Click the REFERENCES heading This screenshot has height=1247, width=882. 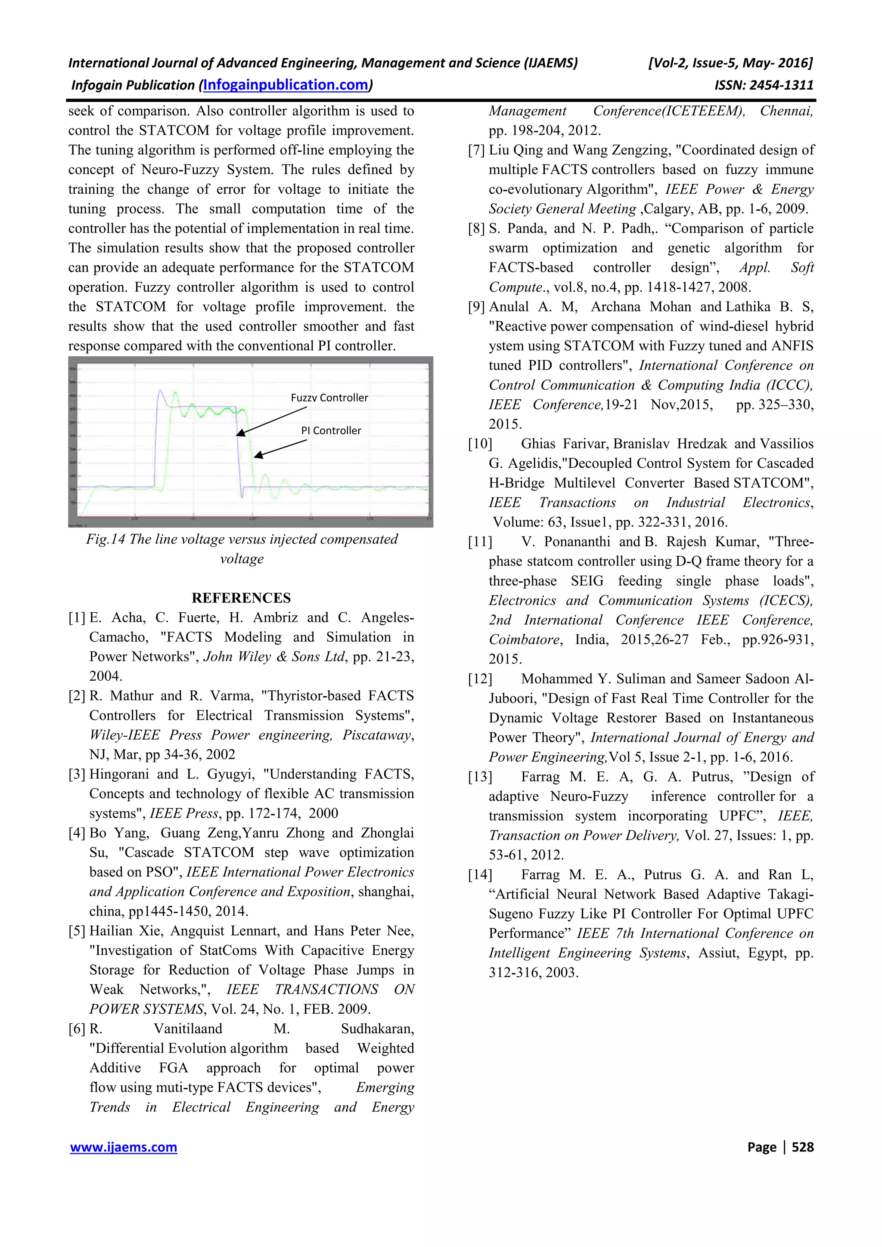241,598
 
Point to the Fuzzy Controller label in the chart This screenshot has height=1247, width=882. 329,398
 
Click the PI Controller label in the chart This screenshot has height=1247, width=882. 331,431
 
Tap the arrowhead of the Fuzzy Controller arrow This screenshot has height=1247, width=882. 239,433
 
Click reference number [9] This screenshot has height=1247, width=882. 477,307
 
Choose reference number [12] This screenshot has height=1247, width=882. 480,679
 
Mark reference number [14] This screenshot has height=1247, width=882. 480,875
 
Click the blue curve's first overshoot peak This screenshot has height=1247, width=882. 160,391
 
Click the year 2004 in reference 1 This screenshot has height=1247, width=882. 106,676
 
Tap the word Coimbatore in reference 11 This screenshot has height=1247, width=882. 524,640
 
